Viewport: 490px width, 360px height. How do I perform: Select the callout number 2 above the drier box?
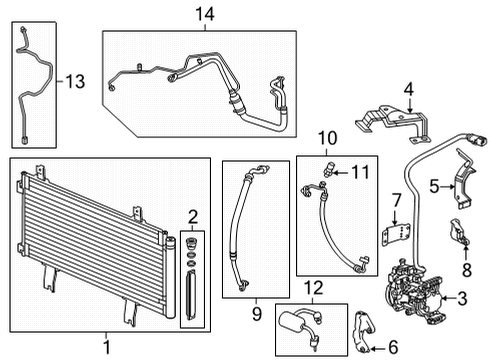click(x=193, y=216)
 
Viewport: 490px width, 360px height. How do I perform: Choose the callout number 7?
click(x=396, y=201)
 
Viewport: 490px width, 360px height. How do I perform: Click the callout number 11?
click(x=360, y=172)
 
